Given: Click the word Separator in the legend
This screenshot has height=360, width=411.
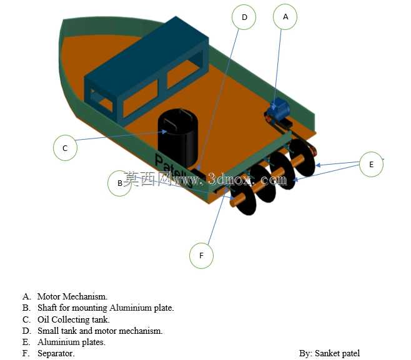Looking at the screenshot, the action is [56, 353].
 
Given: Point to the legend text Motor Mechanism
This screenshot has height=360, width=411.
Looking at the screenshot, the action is [72, 296].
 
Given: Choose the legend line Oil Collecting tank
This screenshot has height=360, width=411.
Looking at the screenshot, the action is [74, 319].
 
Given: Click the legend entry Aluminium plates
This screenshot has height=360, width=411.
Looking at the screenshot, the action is [71, 342].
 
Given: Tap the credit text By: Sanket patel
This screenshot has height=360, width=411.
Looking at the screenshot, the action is [329, 353].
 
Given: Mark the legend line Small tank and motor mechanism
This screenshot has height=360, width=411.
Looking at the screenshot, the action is [100, 331].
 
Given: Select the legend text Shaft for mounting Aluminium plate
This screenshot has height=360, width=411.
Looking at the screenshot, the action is [106, 308].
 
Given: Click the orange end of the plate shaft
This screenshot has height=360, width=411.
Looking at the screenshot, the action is [233, 203].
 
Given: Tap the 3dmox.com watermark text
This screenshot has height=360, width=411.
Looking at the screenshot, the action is [248, 179].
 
